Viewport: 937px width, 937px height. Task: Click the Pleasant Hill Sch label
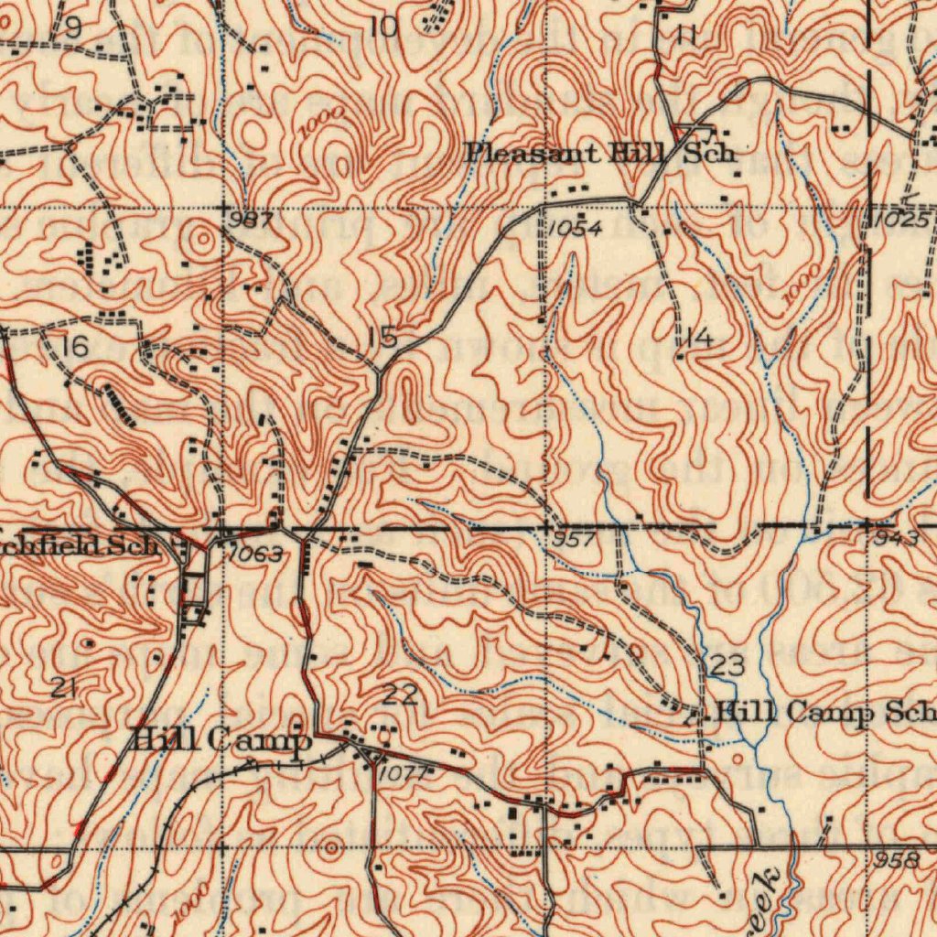600,153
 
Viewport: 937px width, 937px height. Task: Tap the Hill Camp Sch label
823,711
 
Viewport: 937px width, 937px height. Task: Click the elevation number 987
250,221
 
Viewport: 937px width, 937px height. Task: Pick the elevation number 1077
401,773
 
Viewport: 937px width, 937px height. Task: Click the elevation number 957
574,541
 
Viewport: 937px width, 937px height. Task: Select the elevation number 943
895,539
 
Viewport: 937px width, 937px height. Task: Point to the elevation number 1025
901,221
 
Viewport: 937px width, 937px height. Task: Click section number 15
382,339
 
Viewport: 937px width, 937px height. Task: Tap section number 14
698,340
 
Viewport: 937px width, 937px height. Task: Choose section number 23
727,666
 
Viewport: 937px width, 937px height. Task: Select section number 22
400,695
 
